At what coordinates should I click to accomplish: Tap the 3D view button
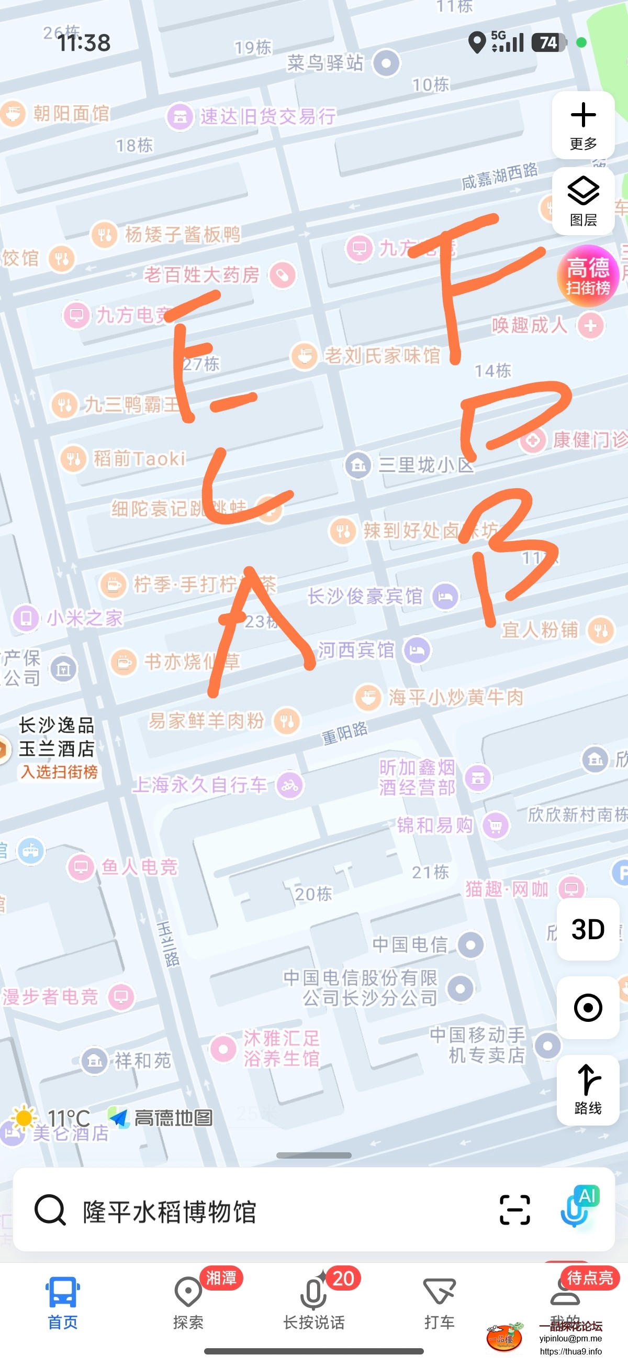click(588, 929)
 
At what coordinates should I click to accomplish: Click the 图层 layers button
click(583, 202)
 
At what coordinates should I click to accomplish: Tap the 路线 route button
click(588, 1089)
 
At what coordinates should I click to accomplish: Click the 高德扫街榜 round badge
click(588, 276)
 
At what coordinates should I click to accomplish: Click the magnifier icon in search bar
click(50, 1210)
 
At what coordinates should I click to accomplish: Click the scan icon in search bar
click(514, 1210)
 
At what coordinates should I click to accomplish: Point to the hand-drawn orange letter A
click(260, 631)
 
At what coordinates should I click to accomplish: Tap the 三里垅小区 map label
click(425, 465)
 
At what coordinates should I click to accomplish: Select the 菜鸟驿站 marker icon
click(386, 63)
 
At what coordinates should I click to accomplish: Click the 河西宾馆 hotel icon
click(418, 650)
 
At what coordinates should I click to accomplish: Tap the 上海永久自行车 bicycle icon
click(289, 785)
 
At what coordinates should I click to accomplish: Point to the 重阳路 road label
click(344, 733)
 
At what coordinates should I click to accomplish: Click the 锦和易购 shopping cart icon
click(496, 825)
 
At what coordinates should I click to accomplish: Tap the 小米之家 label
click(85, 618)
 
